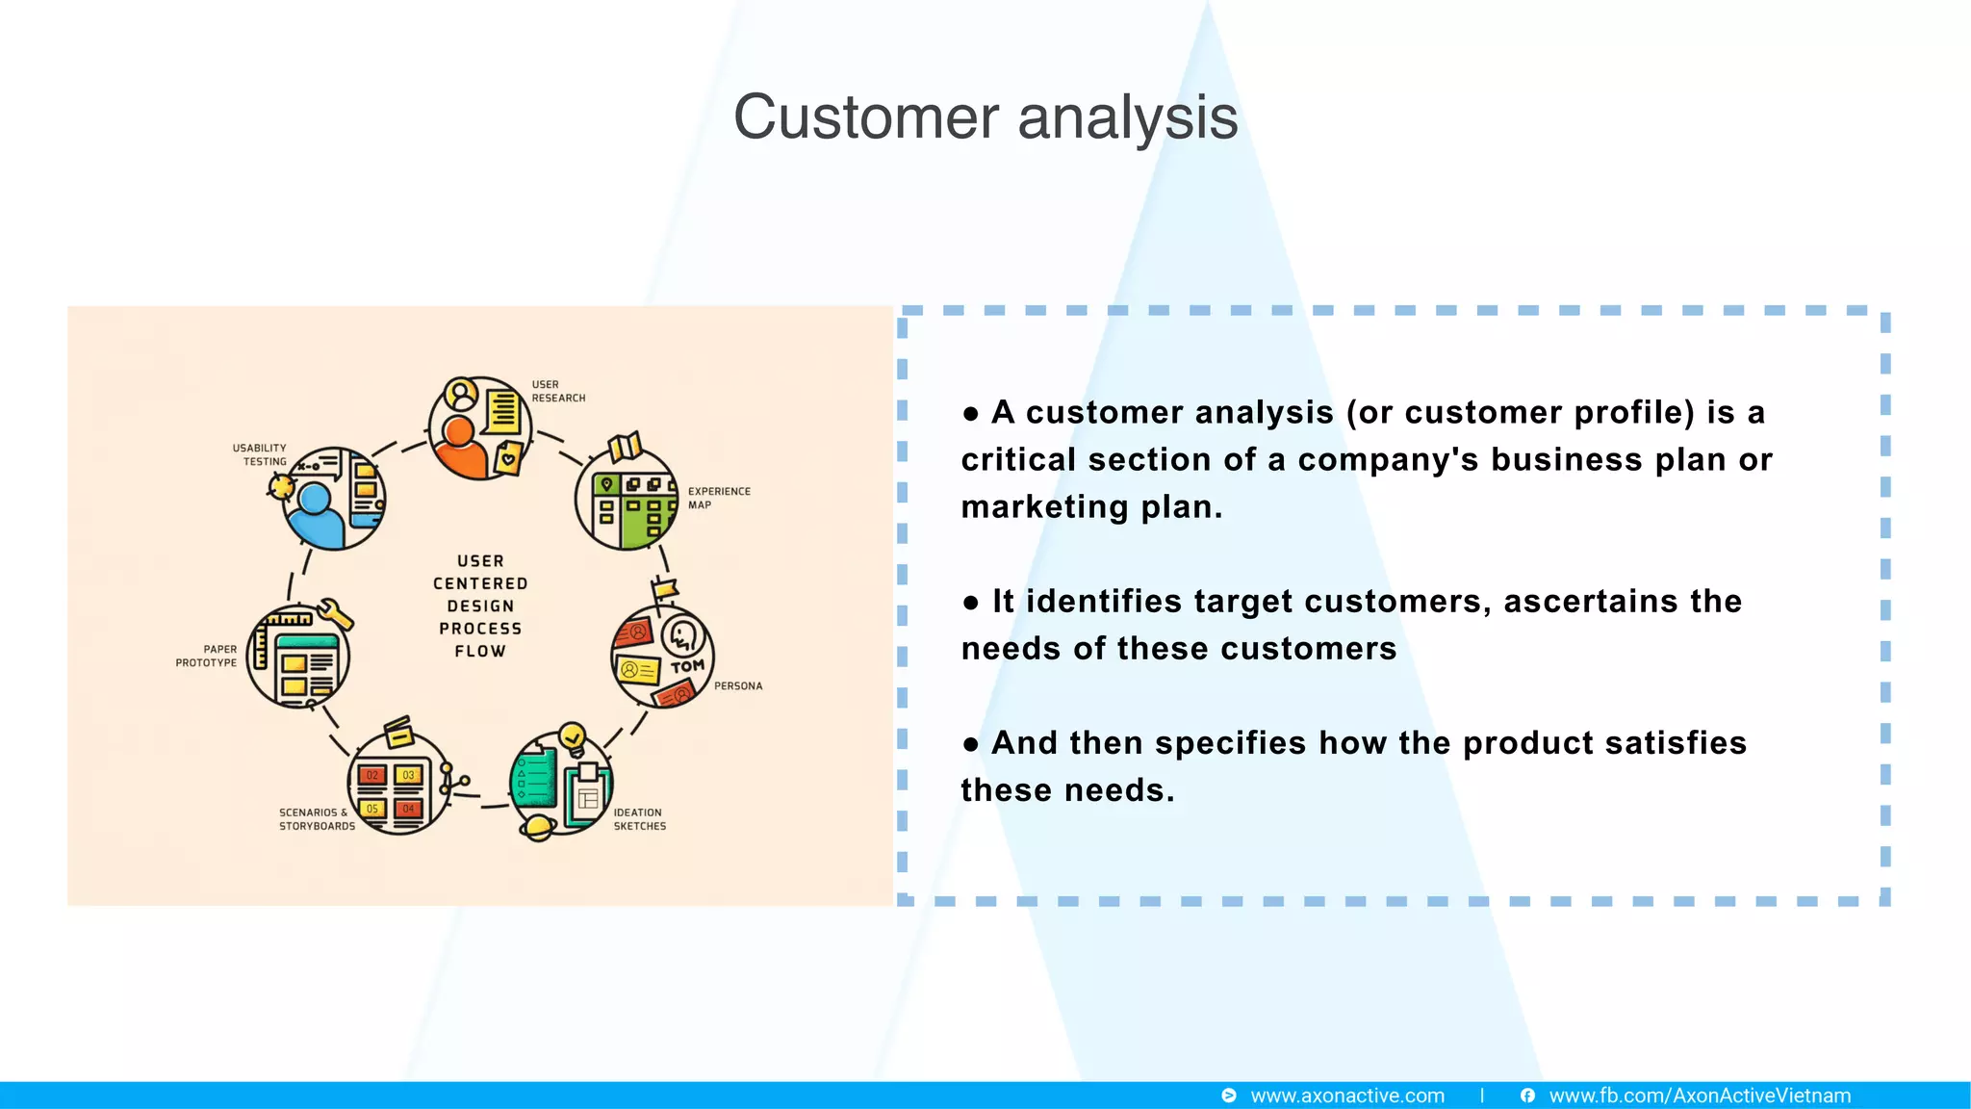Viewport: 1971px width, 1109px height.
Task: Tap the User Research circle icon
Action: click(479, 428)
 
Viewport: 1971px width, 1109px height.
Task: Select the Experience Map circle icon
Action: click(627, 499)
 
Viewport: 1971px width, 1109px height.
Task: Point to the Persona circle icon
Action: click(663, 657)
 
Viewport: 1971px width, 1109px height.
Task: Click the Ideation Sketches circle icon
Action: click(560, 783)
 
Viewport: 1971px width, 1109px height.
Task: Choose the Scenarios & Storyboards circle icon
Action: click(397, 783)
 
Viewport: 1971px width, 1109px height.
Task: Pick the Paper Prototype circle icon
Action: click(298, 657)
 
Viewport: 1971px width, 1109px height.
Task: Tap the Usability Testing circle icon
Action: click(333, 499)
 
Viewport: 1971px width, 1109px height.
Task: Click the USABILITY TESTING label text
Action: click(260, 454)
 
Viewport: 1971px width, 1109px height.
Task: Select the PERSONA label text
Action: click(738, 686)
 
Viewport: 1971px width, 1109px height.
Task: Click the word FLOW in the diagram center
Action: click(480, 652)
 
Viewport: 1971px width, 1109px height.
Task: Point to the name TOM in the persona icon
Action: click(687, 666)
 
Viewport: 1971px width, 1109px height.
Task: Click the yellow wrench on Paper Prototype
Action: click(334, 613)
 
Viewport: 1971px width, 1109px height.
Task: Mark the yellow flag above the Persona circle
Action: click(664, 589)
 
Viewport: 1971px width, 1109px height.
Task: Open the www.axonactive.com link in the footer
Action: click(1346, 1096)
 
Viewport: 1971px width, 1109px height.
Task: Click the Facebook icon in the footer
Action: click(1527, 1096)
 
